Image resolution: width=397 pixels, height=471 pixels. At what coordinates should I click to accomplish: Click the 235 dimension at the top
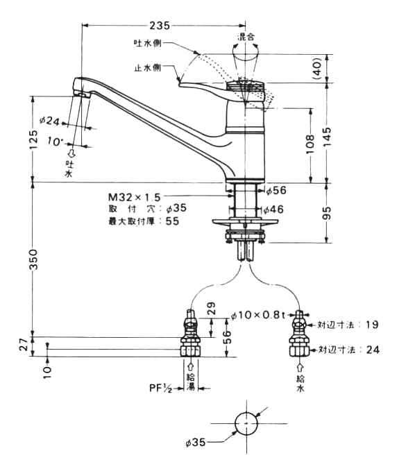click(x=160, y=26)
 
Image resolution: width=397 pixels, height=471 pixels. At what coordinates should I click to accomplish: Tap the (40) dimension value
click(x=317, y=69)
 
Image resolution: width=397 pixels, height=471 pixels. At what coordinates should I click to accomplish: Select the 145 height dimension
click(x=327, y=137)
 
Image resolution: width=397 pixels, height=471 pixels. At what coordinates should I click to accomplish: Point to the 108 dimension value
click(x=310, y=144)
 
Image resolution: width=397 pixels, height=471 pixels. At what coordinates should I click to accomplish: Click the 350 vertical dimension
click(x=33, y=259)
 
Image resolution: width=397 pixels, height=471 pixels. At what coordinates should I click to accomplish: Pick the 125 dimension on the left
click(x=33, y=139)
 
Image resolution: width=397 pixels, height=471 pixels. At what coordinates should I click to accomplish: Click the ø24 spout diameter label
click(x=49, y=121)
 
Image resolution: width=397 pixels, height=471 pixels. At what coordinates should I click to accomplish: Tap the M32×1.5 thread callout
click(x=135, y=197)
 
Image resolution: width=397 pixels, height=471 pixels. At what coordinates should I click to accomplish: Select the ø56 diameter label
click(x=276, y=190)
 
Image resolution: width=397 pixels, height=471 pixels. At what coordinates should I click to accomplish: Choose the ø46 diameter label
click(x=273, y=209)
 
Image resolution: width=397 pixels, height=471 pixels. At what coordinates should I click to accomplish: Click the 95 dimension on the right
click(x=327, y=213)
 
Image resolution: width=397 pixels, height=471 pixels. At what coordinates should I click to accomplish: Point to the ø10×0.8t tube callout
click(x=257, y=315)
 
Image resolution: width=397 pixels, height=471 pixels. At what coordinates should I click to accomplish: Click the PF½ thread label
click(x=161, y=388)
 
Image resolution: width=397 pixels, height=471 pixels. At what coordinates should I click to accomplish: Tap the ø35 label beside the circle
click(x=195, y=442)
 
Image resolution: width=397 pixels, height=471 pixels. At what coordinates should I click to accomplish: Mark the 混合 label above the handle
click(x=246, y=37)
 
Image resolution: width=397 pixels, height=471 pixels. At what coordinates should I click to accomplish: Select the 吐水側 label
click(x=148, y=43)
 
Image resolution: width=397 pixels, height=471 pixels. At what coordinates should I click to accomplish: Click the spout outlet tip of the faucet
click(x=82, y=94)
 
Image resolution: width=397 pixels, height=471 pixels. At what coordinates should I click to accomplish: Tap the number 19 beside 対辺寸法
click(x=372, y=325)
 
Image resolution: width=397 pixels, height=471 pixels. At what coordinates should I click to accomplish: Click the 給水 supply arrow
click(x=301, y=368)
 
